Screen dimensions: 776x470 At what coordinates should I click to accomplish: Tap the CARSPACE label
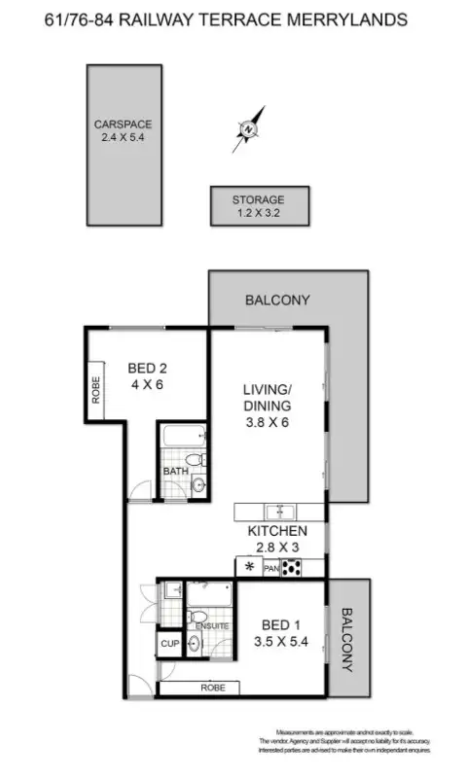point(123,124)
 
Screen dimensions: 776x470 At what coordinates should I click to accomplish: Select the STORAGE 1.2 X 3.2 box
point(259,205)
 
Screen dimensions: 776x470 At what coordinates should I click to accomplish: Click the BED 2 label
point(149,369)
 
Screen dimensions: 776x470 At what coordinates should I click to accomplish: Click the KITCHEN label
point(278,531)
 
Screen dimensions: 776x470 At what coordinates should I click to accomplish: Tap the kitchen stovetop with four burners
point(290,568)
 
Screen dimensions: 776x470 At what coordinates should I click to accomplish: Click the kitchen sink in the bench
point(282,511)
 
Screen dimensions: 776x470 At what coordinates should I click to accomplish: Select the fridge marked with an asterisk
point(249,567)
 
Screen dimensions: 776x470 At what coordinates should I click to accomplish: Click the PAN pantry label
point(271,568)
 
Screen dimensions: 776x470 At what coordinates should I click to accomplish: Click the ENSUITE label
point(213,625)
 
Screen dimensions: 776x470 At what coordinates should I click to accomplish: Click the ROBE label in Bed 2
point(95,389)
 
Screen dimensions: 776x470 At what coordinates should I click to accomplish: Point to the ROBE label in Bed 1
point(213,687)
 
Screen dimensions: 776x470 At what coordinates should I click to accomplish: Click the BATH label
point(175,472)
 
